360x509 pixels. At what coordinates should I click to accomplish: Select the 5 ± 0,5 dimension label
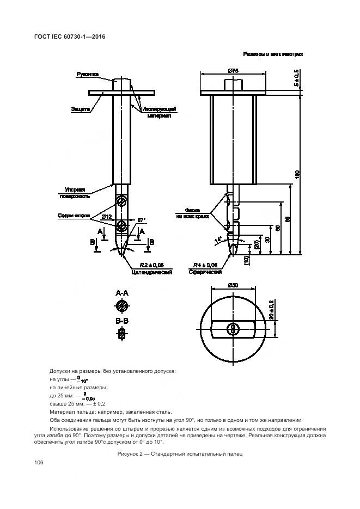297,80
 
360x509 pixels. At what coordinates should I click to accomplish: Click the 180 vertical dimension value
297,174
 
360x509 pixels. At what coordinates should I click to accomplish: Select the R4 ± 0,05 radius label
204,265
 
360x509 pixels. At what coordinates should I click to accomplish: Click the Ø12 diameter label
106,218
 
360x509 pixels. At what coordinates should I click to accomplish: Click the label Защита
80,109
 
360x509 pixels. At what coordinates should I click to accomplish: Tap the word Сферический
204,272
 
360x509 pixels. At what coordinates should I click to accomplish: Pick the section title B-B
122,322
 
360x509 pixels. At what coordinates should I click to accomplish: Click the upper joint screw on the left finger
121,203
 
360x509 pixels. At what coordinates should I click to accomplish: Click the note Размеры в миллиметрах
273,54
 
